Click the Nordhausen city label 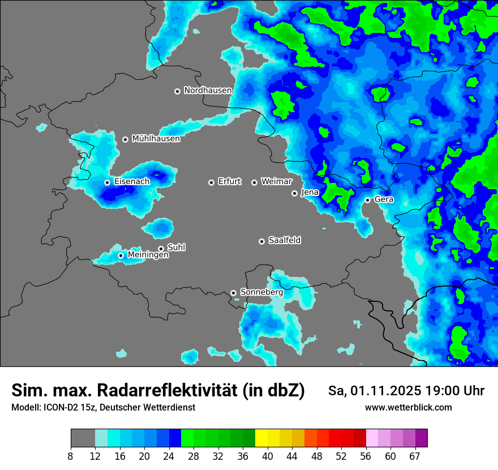[x=208, y=91]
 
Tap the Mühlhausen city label [x=156, y=139]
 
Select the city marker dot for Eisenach [x=107, y=182]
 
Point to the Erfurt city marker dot [x=211, y=182]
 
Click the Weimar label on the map [x=276, y=182]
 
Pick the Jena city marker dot [x=294, y=193]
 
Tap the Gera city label [x=384, y=199]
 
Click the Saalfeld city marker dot [x=261, y=241]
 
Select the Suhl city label [x=176, y=247]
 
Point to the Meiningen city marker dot [x=121, y=255]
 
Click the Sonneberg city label [x=261, y=292]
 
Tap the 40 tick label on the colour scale [x=268, y=456]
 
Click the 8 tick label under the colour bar [x=70, y=456]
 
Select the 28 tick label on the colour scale [x=194, y=456]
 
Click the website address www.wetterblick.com [x=408, y=408]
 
